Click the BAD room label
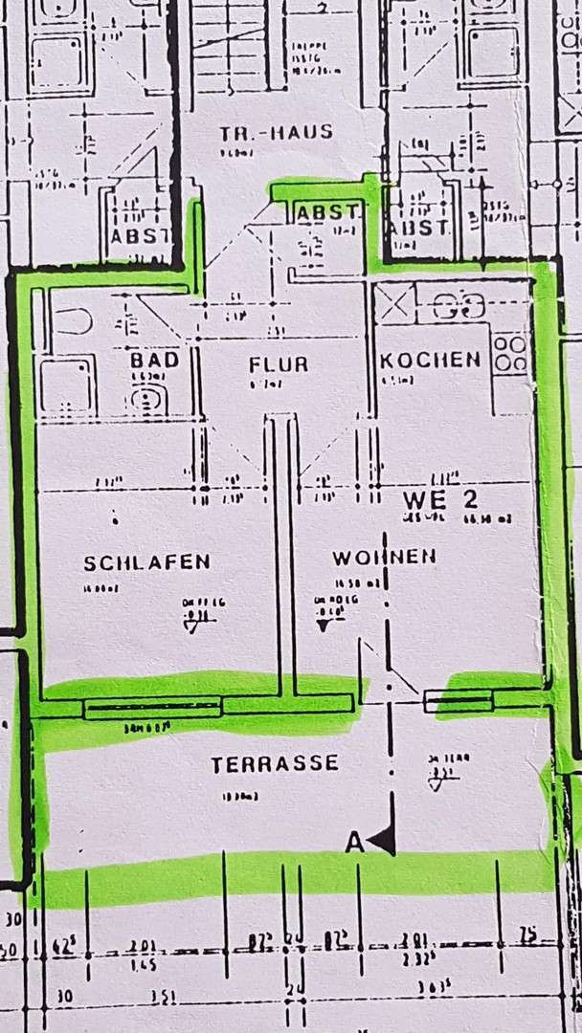[155, 361]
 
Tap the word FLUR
[278, 364]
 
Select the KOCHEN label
[430, 360]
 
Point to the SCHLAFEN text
[146, 562]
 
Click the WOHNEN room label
[385, 557]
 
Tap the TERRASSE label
[275, 764]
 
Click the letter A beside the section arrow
[355, 843]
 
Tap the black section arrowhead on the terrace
[383, 841]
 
